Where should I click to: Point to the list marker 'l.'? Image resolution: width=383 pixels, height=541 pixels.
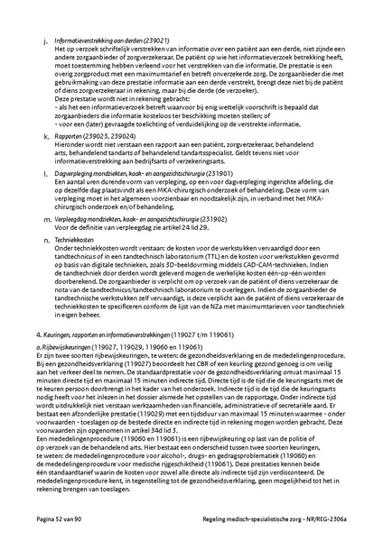(x=46, y=170)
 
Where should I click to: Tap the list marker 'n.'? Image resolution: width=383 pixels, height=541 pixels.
(x=46, y=239)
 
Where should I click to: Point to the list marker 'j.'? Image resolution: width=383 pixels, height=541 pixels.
(x=46, y=41)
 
